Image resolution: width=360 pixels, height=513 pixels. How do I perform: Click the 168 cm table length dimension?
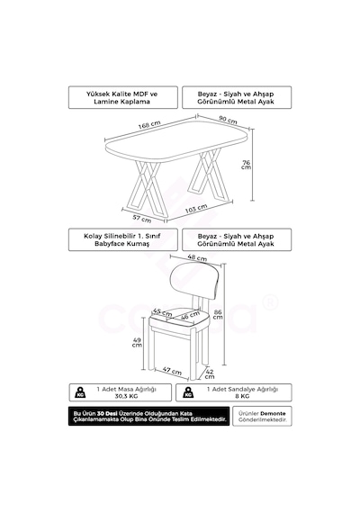(149, 125)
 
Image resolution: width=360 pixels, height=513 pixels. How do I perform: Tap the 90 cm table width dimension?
(228, 120)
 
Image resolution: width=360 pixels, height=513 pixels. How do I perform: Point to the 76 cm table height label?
(246, 165)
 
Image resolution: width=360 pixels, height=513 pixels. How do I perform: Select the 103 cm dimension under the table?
(196, 209)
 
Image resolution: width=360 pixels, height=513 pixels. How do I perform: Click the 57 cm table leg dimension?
(142, 218)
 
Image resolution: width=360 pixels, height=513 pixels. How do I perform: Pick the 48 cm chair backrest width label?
(197, 257)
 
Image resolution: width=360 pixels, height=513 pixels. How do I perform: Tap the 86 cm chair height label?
(218, 314)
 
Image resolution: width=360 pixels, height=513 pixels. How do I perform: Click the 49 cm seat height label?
(137, 343)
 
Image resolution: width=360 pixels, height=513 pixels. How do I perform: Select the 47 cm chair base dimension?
(172, 371)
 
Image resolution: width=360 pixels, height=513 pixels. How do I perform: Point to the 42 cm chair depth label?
(210, 374)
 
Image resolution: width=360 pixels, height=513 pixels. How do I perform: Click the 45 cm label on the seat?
(162, 312)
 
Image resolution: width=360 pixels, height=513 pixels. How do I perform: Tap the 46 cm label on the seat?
(190, 315)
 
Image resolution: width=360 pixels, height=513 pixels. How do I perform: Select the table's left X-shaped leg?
(148, 189)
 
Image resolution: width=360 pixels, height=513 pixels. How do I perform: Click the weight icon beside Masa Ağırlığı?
(80, 392)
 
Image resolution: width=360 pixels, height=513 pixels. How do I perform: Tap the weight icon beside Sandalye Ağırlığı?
(188, 392)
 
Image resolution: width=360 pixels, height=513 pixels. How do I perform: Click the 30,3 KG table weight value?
(126, 396)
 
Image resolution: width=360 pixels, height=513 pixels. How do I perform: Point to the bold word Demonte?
(273, 413)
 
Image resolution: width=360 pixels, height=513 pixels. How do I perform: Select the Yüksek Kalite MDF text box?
(123, 97)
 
